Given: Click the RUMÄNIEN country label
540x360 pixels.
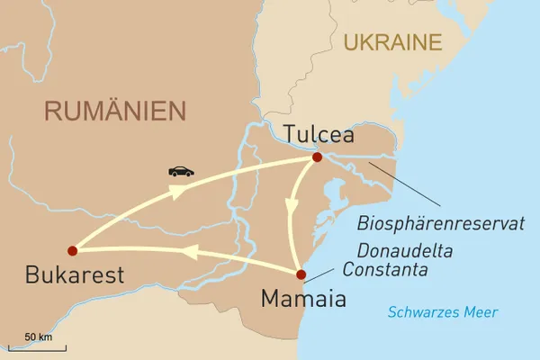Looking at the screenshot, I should pos(115,111).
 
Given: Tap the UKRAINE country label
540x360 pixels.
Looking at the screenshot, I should pos(392,41).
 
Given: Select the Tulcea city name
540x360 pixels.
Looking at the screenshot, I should pos(318,135).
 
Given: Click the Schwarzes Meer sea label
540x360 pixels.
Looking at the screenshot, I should pos(443,312).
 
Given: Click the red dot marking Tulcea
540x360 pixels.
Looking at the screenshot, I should pos(317,157).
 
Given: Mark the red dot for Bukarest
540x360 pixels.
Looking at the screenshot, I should pos(72,250).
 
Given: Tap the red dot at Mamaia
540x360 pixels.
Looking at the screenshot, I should pos(302,274).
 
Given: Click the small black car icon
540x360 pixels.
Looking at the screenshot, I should pos(180,171).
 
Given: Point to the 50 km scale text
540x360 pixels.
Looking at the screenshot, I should pos(36,336).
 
